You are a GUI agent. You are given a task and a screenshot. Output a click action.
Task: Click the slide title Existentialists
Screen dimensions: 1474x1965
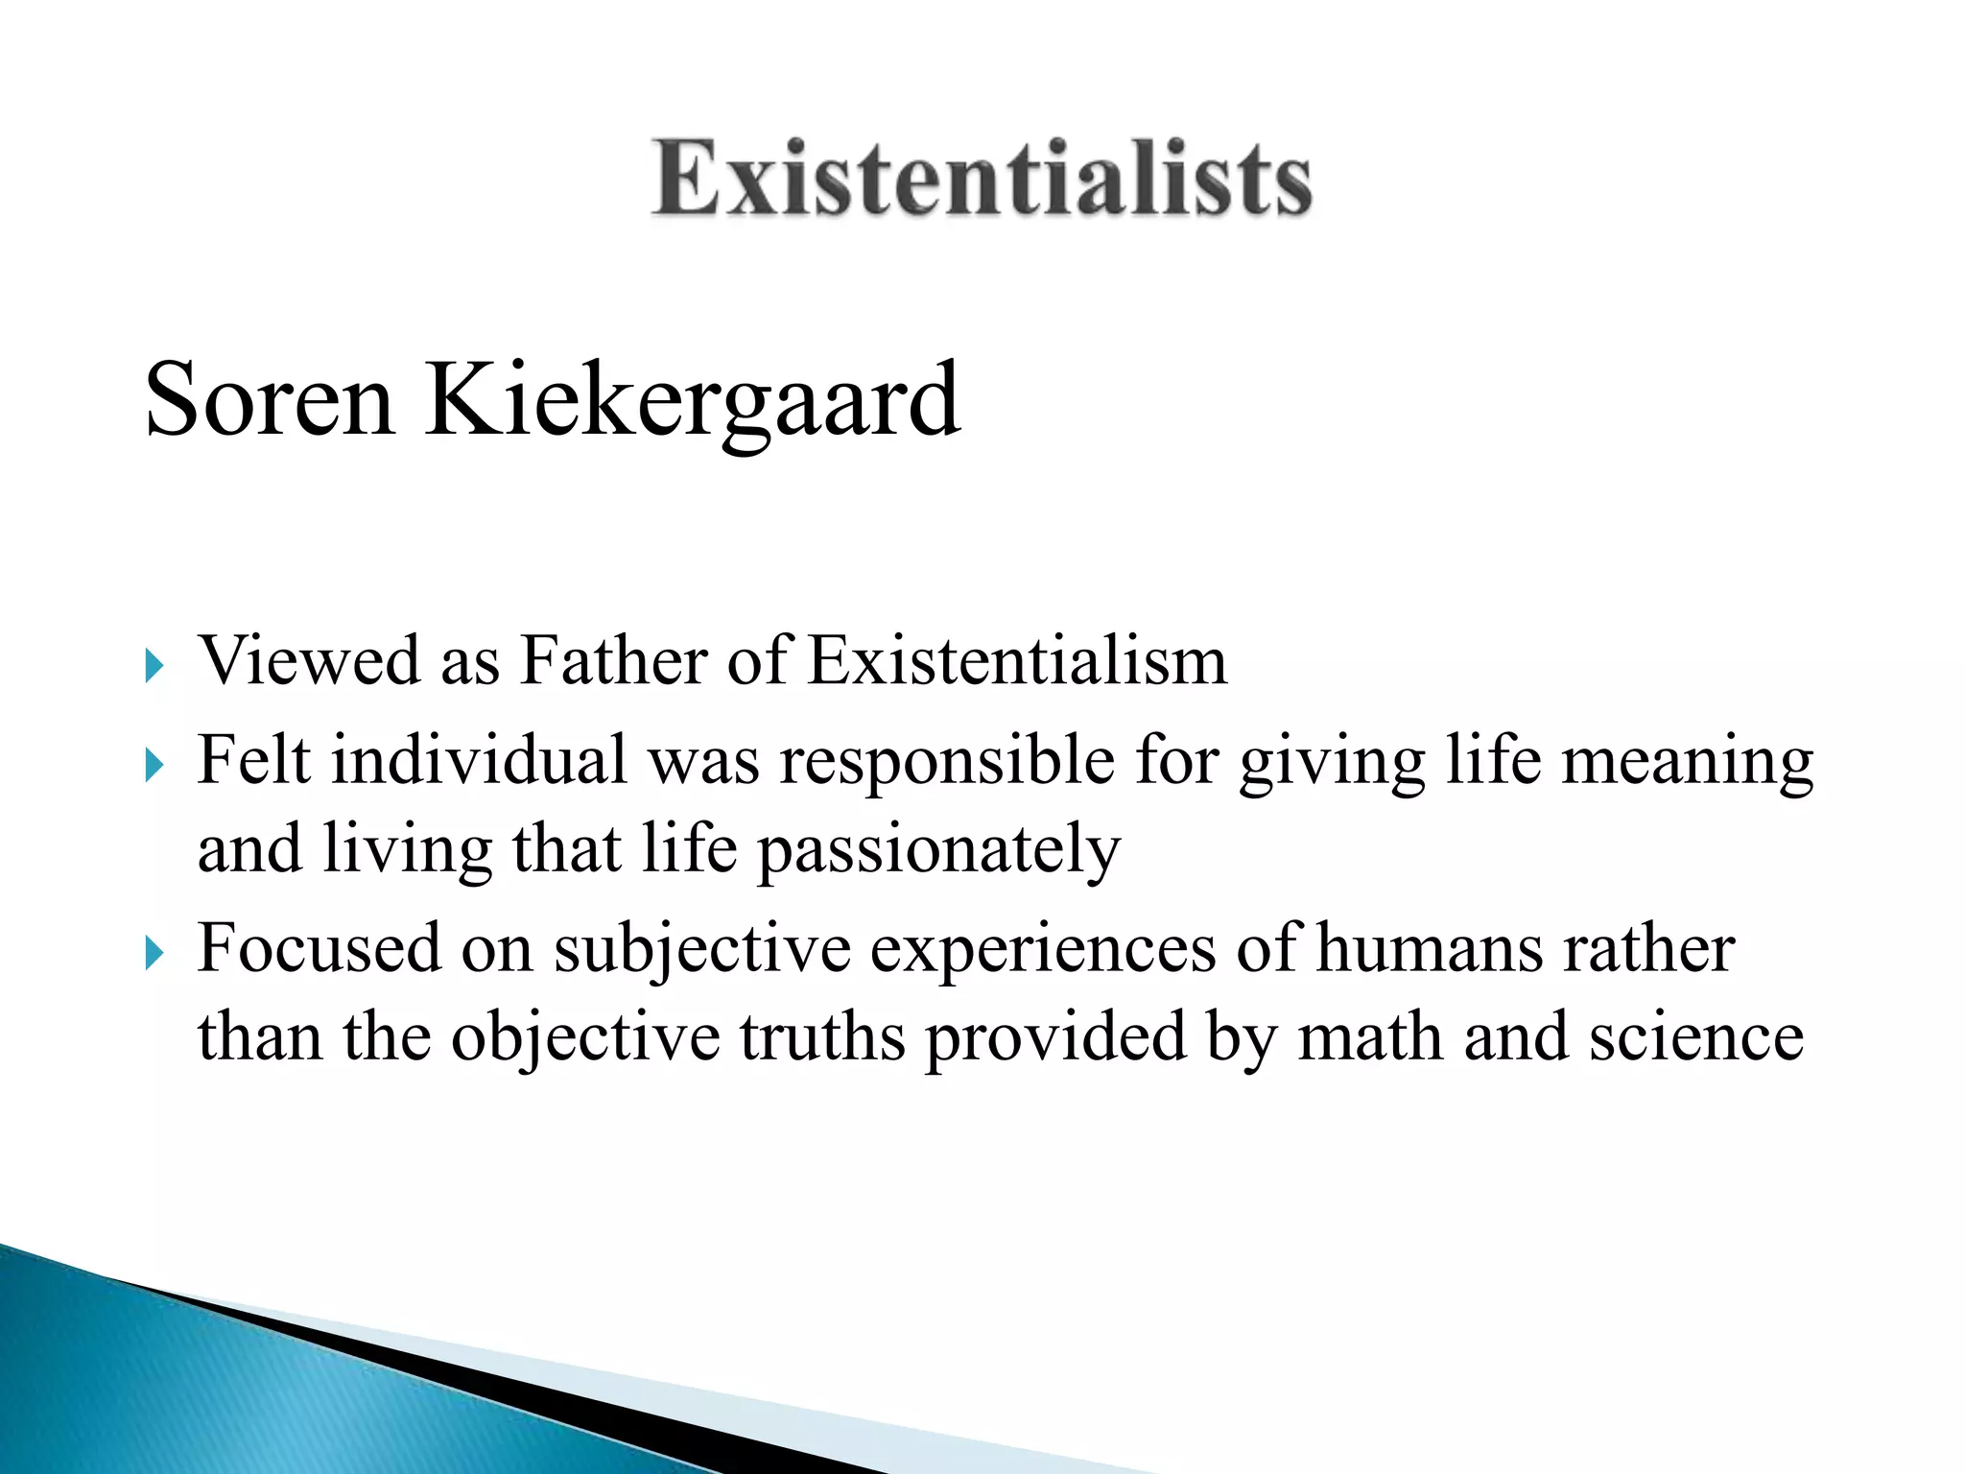click(x=982, y=178)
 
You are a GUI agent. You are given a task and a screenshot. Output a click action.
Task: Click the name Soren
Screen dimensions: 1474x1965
click(x=270, y=399)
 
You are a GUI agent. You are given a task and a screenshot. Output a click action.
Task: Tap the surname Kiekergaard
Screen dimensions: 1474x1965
click(x=692, y=401)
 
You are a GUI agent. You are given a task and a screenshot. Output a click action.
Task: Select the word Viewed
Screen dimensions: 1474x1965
click(x=309, y=661)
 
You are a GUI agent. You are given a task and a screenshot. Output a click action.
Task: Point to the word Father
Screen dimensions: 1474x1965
click(x=613, y=661)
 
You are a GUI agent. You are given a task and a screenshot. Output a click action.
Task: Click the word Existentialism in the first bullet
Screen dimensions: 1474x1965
click(x=1017, y=661)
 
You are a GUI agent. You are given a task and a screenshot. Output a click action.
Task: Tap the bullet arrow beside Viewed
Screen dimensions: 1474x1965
click(x=154, y=665)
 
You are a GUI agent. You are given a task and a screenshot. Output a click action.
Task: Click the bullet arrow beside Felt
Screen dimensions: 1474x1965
click(x=154, y=765)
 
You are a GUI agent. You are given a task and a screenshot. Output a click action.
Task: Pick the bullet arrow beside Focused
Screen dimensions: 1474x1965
click(x=154, y=953)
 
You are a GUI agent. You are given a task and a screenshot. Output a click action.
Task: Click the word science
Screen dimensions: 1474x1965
click(x=1695, y=1037)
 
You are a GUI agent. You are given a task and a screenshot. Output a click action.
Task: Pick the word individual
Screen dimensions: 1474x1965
click(x=479, y=760)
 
